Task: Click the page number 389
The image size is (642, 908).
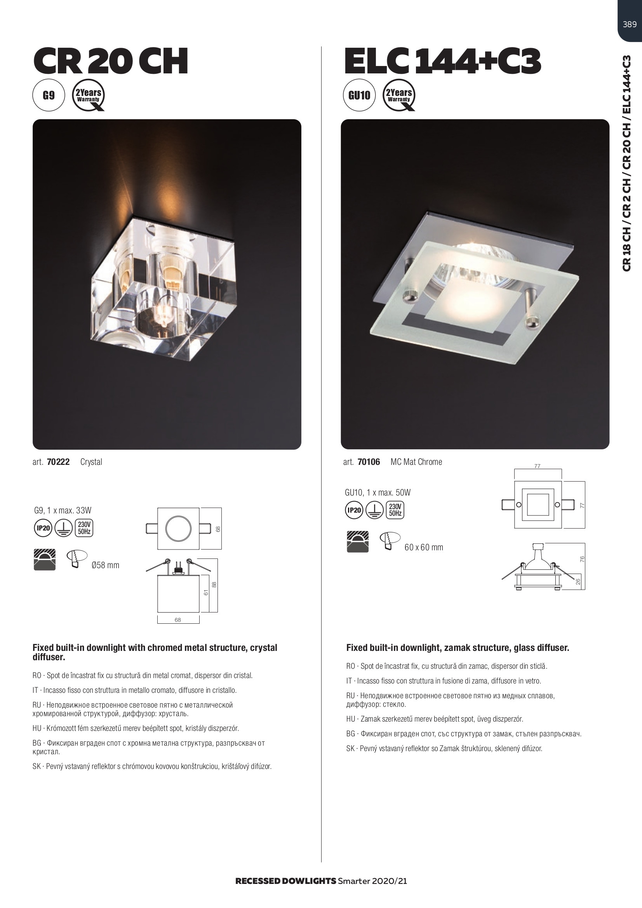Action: tap(630, 24)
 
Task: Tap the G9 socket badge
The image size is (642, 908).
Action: tap(49, 95)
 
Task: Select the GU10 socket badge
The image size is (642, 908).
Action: tap(359, 95)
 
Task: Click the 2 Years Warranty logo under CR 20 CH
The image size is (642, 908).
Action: tap(89, 95)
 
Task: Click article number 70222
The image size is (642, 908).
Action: tap(58, 462)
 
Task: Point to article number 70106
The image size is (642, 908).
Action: tap(369, 462)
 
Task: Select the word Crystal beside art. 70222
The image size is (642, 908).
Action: tap(91, 462)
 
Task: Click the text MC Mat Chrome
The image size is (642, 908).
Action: tap(416, 462)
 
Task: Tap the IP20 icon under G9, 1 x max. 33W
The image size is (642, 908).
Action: tap(43, 528)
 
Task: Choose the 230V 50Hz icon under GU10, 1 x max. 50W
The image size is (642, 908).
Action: tap(395, 510)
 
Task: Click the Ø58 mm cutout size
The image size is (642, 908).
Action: tap(105, 565)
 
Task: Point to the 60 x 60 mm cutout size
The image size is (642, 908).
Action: tap(424, 547)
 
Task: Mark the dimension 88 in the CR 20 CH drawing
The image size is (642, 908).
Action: tap(214, 584)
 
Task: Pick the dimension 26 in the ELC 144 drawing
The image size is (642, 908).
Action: tap(578, 582)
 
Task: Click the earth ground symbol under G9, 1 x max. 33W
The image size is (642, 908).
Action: tap(63, 528)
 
